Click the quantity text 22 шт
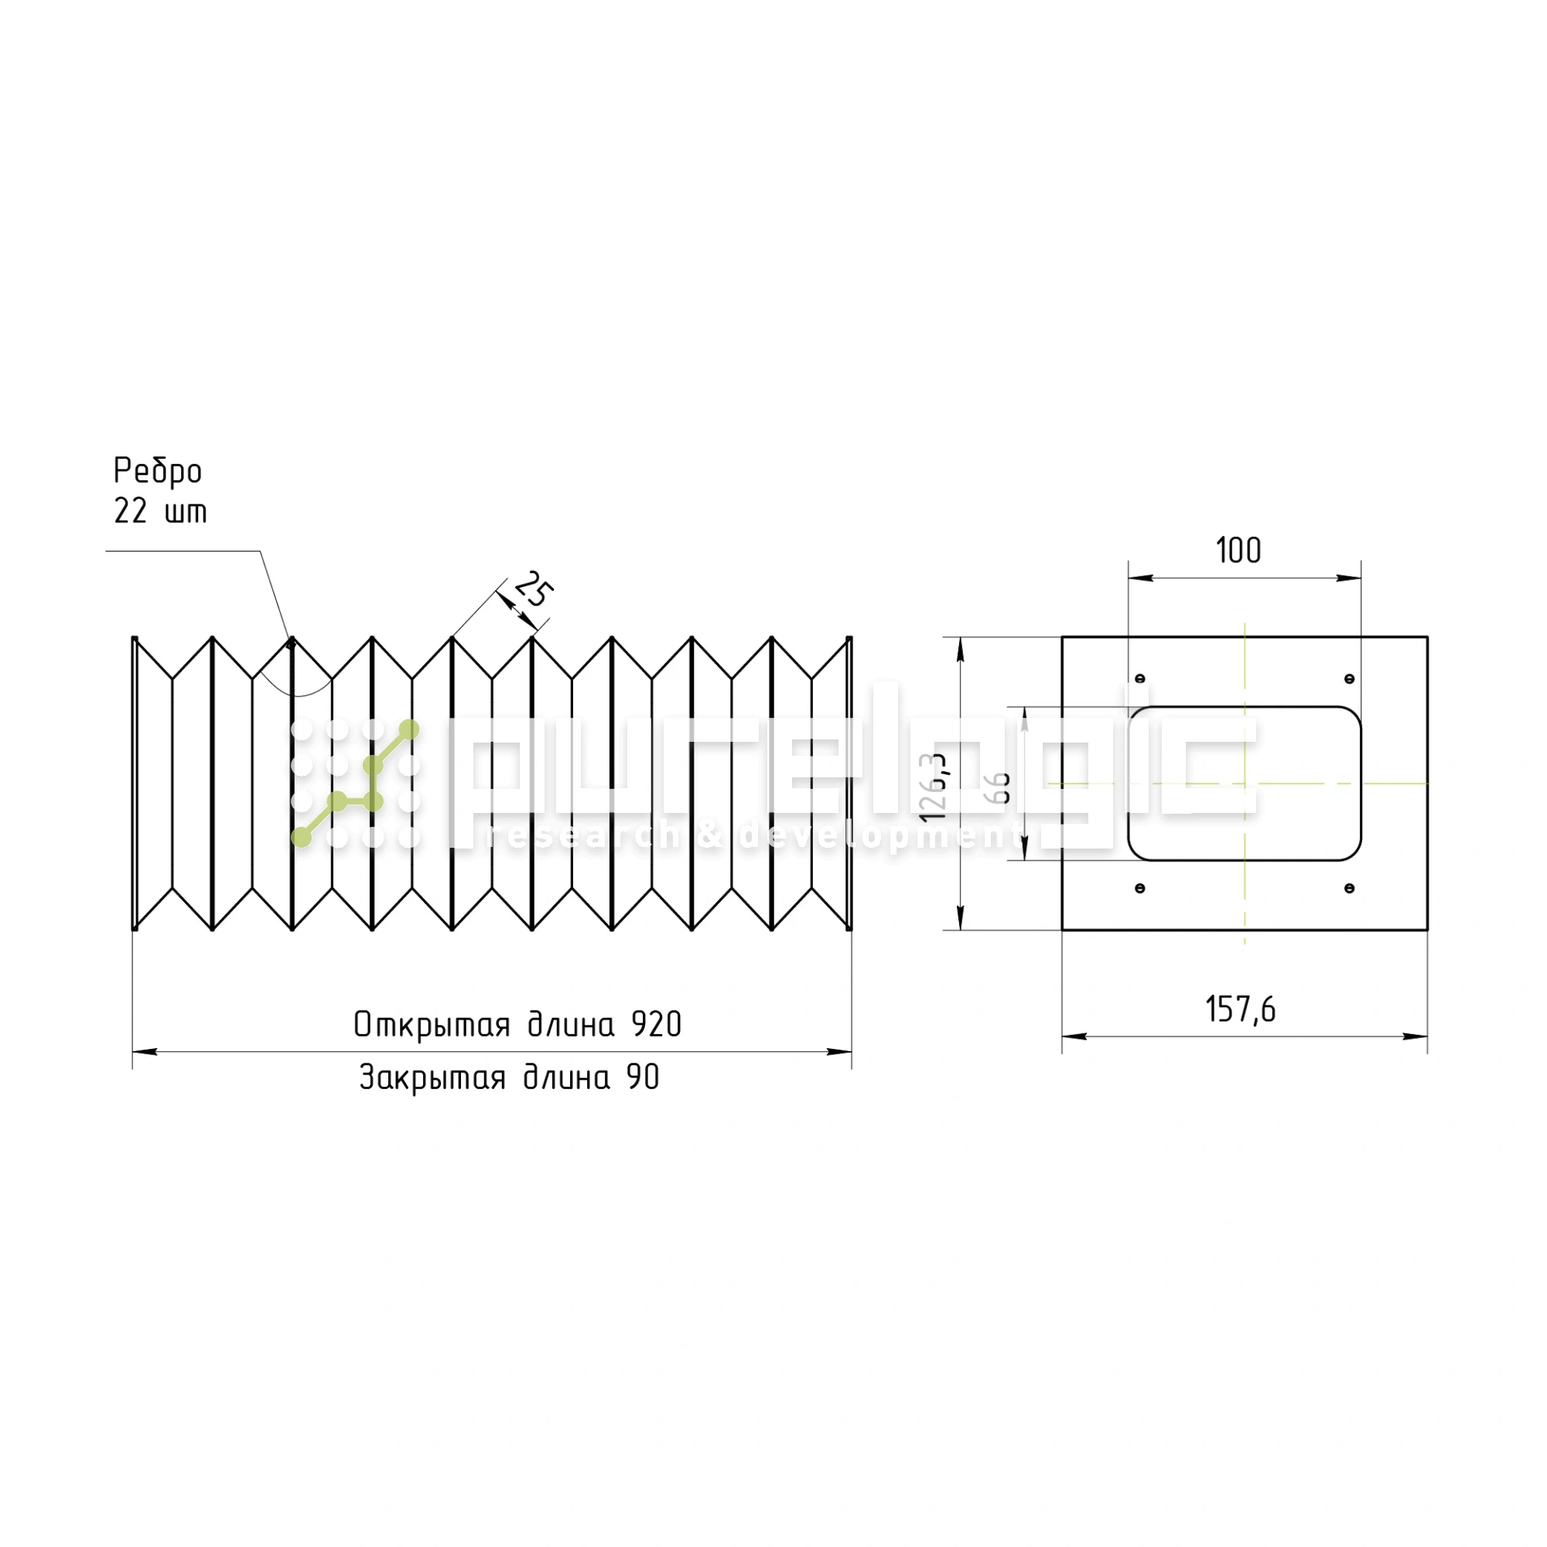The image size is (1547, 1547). (160, 511)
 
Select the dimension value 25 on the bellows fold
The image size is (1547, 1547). (533, 590)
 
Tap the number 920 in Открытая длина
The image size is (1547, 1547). (656, 1025)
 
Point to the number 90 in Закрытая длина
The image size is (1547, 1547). (643, 1077)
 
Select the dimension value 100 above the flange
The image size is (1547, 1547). (1238, 551)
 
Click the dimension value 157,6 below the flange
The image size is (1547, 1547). (1241, 1009)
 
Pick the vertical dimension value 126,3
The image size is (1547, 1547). (934, 787)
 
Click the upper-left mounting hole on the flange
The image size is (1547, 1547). (1140, 678)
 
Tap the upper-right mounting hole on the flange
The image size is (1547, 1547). (1349, 679)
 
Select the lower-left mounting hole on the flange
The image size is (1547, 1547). (1140, 888)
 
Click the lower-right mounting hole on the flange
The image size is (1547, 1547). (1349, 888)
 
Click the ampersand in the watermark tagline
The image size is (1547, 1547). (709, 837)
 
